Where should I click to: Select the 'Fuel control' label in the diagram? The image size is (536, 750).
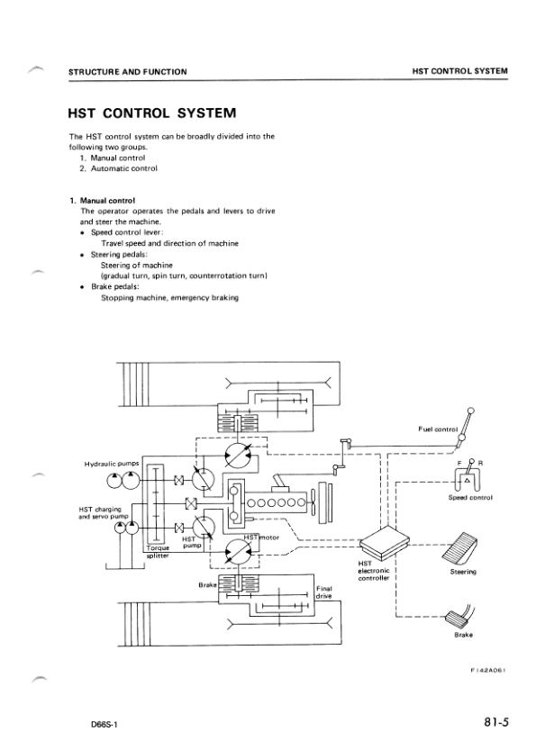439,429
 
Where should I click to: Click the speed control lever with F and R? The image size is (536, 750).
469,474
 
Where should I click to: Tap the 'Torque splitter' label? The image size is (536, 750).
159,548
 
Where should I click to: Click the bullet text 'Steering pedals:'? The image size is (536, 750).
123,256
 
